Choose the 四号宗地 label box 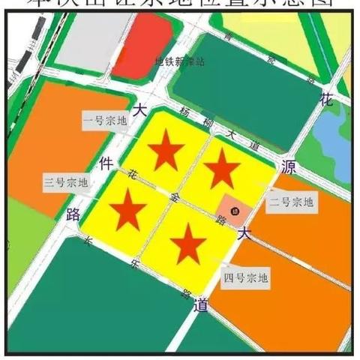tap(246, 278)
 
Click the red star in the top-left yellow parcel tap(165, 154)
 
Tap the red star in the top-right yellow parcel tap(222, 169)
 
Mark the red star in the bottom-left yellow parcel tap(130, 208)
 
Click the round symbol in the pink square tap(234, 209)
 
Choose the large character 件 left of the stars tap(106, 162)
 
